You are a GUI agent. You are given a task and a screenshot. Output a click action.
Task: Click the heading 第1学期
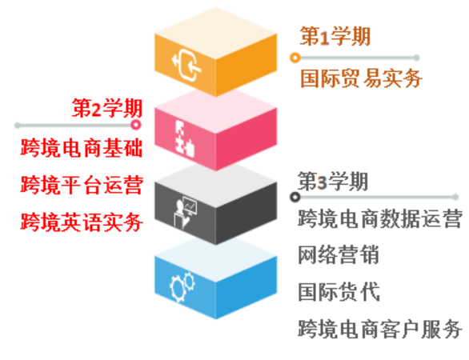(x=335, y=36)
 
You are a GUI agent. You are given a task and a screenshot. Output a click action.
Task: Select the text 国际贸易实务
(x=361, y=78)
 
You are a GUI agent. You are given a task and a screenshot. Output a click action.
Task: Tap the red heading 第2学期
(x=106, y=108)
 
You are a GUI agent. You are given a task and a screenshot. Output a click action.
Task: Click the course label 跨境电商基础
(x=82, y=148)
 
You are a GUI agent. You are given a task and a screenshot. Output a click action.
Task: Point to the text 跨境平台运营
(x=82, y=185)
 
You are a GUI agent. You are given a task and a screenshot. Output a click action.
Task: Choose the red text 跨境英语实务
(x=82, y=222)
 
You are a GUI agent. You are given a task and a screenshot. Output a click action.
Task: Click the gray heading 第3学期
(x=333, y=181)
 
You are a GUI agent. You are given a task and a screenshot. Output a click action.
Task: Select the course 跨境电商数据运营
(x=380, y=218)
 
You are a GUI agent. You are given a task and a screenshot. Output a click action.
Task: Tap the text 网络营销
(x=339, y=255)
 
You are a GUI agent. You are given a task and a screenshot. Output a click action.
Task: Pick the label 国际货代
(x=339, y=292)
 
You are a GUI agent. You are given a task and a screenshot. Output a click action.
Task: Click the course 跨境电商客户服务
(x=380, y=329)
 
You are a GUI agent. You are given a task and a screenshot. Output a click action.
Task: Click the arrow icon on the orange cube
(x=186, y=66)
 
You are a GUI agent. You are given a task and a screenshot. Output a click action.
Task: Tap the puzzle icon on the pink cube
(x=185, y=138)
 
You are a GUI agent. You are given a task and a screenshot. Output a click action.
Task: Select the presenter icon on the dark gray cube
(x=186, y=212)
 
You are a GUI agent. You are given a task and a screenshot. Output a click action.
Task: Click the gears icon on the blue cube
(x=182, y=286)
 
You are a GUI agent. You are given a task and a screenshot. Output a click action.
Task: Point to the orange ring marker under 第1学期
(x=295, y=58)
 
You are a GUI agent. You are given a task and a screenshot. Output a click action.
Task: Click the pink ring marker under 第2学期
(x=136, y=125)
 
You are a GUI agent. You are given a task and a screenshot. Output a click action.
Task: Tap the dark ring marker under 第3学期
(x=295, y=197)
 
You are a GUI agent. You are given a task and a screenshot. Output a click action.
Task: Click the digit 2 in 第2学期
(x=96, y=110)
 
